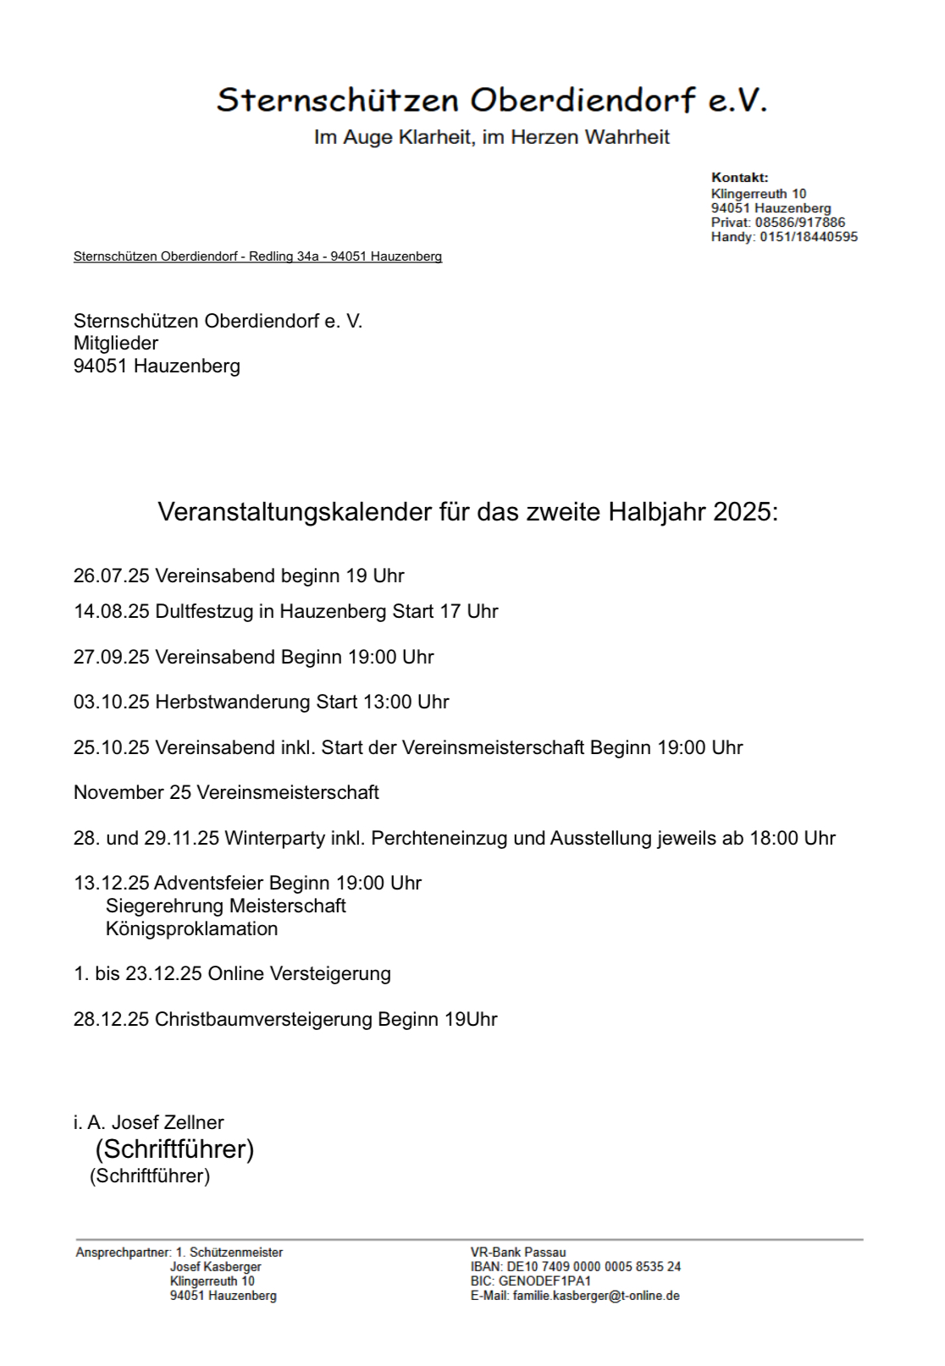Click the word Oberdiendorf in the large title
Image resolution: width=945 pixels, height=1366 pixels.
(583, 101)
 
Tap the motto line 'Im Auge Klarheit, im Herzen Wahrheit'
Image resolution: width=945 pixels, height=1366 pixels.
(491, 137)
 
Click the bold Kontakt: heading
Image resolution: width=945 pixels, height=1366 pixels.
(739, 178)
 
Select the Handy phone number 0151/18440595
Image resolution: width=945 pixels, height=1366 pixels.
(808, 237)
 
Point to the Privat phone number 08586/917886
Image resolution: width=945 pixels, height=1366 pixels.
(799, 223)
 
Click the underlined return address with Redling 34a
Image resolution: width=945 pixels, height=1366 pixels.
(257, 256)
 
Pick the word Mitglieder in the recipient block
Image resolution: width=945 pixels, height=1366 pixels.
(116, 344)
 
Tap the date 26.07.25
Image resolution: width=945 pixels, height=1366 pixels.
(111, 576)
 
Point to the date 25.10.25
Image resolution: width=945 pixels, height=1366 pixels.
(111, 748)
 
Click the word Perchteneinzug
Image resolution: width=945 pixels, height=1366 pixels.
(439, 839)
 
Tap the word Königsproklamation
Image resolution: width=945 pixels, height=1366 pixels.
(191, 929)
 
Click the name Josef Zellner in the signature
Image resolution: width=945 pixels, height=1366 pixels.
(168, 1123)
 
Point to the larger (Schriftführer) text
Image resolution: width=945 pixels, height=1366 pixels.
(174, 1149)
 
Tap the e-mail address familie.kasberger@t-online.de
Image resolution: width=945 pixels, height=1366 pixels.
(595, 1296)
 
